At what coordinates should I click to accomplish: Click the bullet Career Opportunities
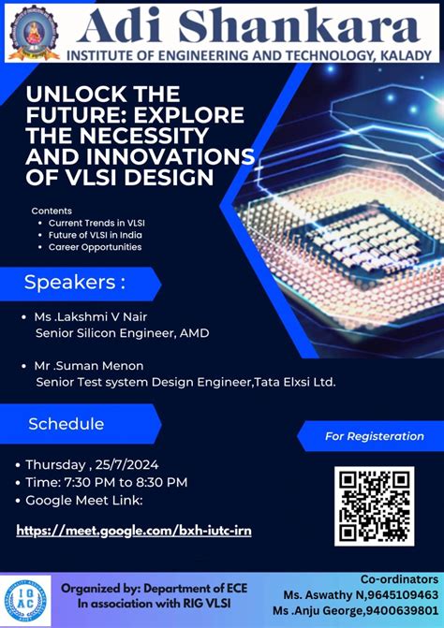click(x=95, y=247)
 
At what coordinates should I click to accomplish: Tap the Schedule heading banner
click(x=67, y=423)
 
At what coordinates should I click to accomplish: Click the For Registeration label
click(x=374, y=436)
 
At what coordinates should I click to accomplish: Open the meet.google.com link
click(x=134, y=530)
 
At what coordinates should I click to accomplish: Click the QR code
click(x=374, y=506)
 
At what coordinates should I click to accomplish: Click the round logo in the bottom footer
click(x=27, y=600)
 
